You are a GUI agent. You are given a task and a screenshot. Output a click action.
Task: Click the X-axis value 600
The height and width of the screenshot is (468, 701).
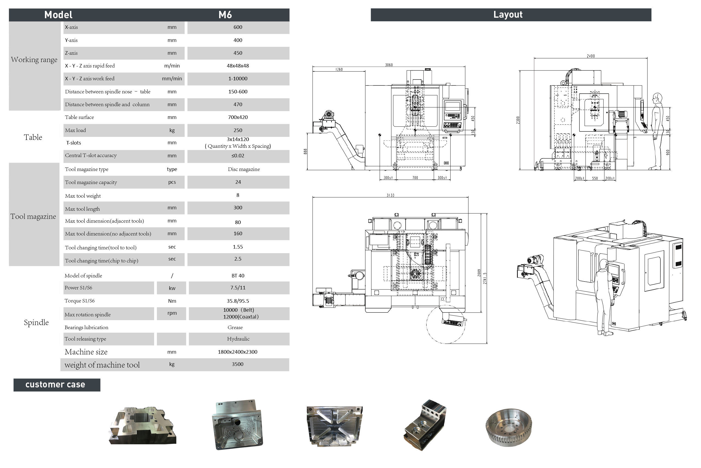pyautogui.click(x=238, y=27)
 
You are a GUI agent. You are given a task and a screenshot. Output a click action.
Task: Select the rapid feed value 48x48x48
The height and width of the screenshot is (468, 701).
pyautogui.click(x=238, y=66)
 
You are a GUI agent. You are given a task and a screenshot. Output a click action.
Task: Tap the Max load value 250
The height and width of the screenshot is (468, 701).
pyautogui.click(x=238, y=130)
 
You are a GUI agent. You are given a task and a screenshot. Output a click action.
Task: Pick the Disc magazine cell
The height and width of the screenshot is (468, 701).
pyautogui.click(x=244, y=169)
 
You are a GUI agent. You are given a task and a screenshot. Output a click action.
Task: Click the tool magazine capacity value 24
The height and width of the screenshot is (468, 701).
pyautogui.click(x=238, y=182)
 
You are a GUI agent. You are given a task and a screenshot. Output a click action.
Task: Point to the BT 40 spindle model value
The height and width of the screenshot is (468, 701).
pyautogui.click(x=238, y=276)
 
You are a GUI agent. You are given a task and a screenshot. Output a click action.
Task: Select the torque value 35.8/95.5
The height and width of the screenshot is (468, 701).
pyautogui.click(x=238, y=301)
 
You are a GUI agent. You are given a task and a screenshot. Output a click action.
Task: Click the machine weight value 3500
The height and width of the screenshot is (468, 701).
pyautogui.click(x=238, y=364)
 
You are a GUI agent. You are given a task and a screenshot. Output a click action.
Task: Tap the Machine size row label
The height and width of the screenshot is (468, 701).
pyautogui.click(x=86, y=352)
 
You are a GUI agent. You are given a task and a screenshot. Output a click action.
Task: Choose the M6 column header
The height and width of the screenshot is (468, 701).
pyautogui.click(x=225, y=15)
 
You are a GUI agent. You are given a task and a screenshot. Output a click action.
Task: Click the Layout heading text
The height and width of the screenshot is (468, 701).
pyautogui.click(x=508, y=15)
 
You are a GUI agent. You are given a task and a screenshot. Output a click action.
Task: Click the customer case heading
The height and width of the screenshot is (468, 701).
pyautogui.click(x=55, y=384)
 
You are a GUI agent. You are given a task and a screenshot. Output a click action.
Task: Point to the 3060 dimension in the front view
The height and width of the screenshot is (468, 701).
pyautogui.click(x=389, y=65)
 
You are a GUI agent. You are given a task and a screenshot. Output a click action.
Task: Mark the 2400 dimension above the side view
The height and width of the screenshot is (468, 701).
pyautogui.click(x=590, y=56)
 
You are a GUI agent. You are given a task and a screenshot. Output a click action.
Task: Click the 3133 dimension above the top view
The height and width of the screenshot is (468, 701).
pyautogui.click(x=390, y=195)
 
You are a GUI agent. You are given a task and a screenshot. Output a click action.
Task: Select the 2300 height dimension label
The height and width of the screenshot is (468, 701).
pyautogui.click(x=518, y=120)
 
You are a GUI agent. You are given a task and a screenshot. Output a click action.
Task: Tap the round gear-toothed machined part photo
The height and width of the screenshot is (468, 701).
pyautogui.click(x=509, y=427)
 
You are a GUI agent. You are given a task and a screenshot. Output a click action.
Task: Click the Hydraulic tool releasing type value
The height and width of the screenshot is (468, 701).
pyautogui.click(x=238, y=339)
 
